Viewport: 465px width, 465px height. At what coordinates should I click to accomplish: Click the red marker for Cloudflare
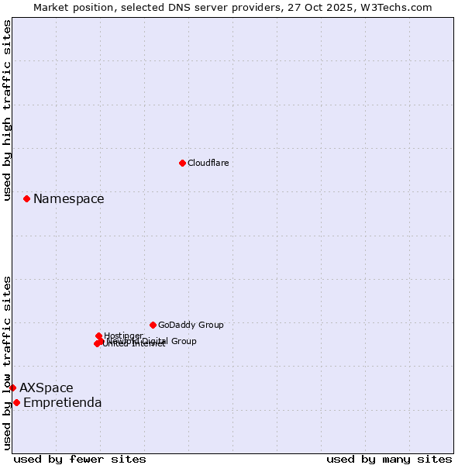182,163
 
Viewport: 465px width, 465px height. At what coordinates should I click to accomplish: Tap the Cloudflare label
208,163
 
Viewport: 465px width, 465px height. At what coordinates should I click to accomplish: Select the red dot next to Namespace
26,198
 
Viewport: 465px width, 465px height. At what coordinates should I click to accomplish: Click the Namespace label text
68,199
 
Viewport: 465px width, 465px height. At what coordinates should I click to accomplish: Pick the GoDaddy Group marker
153,325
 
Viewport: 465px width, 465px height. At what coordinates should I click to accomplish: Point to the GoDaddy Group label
191,325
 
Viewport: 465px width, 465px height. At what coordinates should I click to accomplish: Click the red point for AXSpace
12,387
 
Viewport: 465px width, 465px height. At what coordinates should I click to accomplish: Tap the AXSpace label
46,388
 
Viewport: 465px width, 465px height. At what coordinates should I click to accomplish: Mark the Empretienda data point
16,402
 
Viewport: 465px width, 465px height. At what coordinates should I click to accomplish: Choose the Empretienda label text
63,403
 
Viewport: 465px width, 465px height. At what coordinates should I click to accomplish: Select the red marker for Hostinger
98,336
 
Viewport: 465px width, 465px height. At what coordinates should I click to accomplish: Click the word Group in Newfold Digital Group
183,341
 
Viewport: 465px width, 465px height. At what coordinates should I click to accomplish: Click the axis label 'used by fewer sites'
80,459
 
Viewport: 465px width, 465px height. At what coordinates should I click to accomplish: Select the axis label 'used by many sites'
389,459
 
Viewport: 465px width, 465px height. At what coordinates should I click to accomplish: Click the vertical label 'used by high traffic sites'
7,110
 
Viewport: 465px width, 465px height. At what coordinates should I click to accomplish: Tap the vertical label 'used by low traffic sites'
7,362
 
